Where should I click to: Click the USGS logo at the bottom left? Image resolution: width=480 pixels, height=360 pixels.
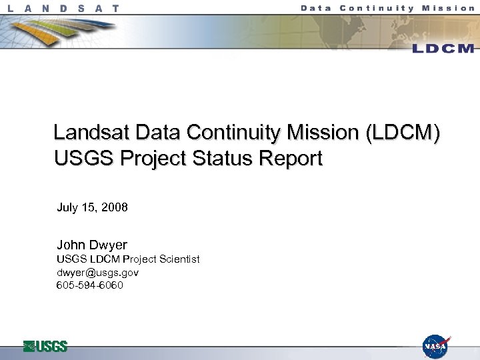click(x=45, y=346)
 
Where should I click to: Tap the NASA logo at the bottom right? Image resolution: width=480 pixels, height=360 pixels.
click(x=436, y=346)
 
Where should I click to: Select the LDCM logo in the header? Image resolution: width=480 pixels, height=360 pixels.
click(x=443, y=48)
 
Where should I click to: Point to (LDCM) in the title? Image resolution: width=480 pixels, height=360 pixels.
click(x=402, y=133)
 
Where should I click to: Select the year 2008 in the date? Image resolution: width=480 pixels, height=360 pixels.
click(x=115, y=207)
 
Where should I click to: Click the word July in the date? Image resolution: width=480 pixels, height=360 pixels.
click(x=67, y=207)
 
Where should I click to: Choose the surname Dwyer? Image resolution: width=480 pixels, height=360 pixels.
click(x=107, y=245)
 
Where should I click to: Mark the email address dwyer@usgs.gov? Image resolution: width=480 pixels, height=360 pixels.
click(x=97, y=273)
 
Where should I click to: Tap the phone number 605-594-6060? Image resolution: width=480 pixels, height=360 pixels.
click(x=90, y=285)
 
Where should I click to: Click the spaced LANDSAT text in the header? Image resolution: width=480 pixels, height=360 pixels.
click(x=64, y=9)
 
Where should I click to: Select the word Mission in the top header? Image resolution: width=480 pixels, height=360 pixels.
click(x=450, y=8)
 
